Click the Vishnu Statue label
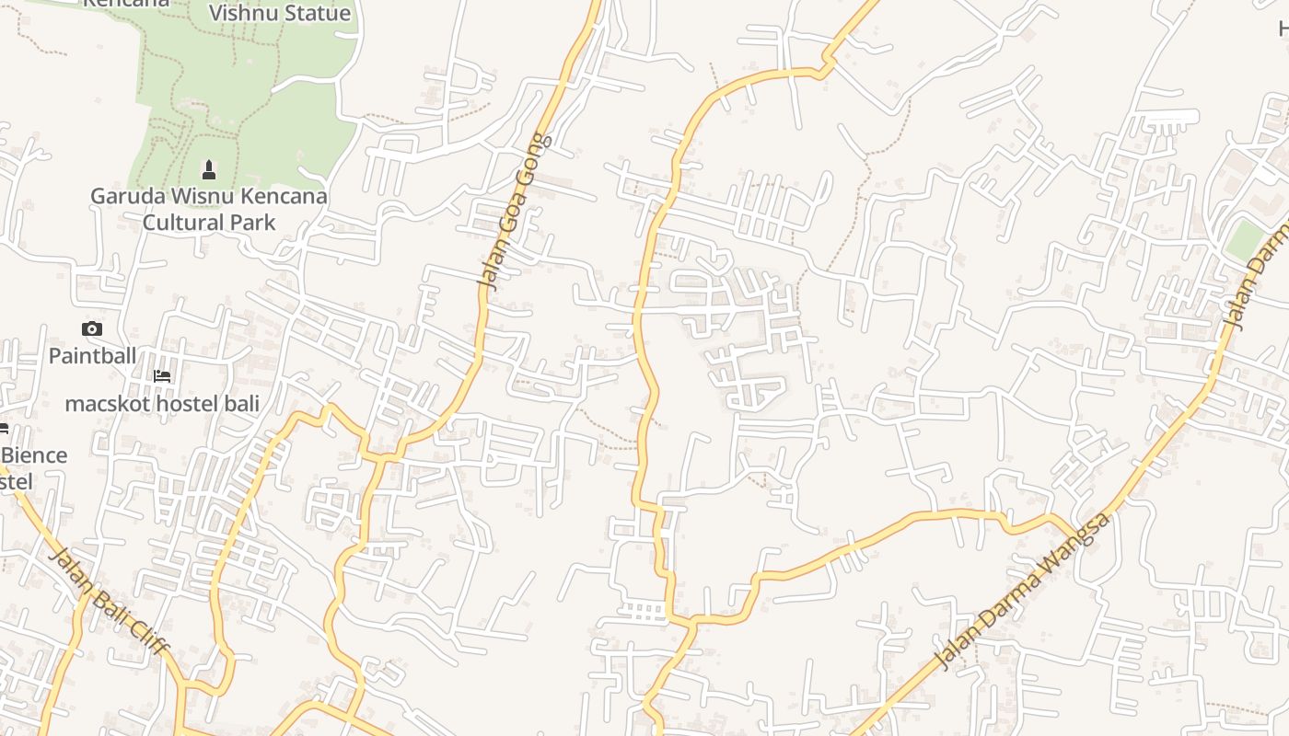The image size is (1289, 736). (x=279, y=13)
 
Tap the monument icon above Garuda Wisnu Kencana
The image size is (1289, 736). (x=209, y=170)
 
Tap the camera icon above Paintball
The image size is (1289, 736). (x=92, y=329)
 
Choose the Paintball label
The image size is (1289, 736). (x=92, y=355)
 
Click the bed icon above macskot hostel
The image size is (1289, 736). (x=162, y=376)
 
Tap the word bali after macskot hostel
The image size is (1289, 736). (x=242, y=403)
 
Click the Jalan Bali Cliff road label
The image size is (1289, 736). (x=109, y=601)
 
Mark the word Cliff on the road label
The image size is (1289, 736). (x=146, y=637)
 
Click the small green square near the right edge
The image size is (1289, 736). (x=1244, y=240)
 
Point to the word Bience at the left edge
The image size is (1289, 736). (x=34, y=455)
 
